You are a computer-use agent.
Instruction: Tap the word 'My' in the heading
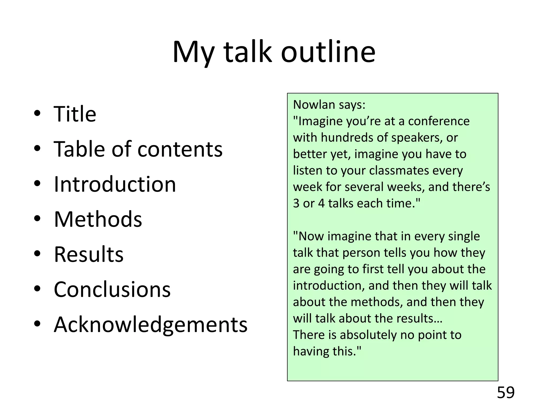[193, 52]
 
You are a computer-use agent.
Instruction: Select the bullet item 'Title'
[75, 114]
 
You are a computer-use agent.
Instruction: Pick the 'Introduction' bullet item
[115, 184]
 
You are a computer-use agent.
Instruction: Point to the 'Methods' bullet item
[98, 219]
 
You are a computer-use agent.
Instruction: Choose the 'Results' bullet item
[89, 254]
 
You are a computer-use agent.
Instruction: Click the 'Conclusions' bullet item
[112, 290]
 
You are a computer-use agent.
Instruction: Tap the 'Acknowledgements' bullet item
[151, 325]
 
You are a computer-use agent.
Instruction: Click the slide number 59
[505, 393]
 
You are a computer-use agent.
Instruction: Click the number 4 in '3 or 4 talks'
[321, 204]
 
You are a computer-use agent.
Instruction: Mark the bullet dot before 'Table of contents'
[37, 148]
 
